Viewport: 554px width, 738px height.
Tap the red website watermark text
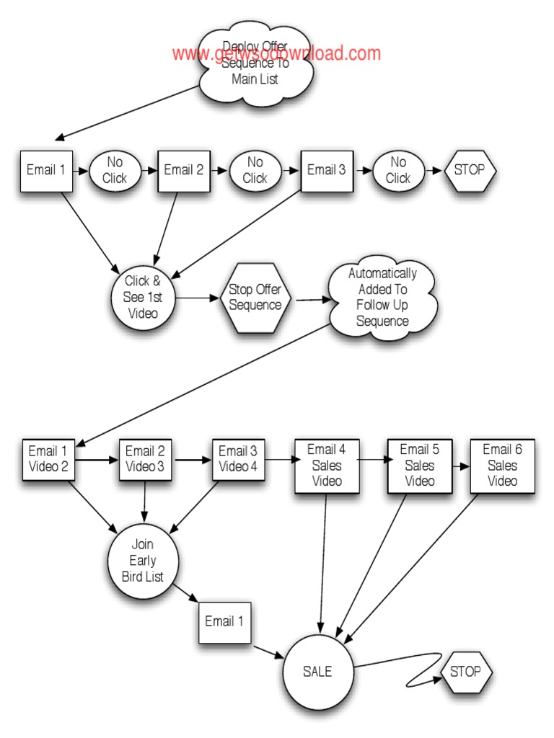pyautogui.click(x=276, y=53)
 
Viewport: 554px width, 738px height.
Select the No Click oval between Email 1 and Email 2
pyautogui.click(x=115, y=170)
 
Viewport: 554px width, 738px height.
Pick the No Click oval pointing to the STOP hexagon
pyautogui.click(x=397, y=170)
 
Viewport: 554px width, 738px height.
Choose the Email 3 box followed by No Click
pyautogui.click(x=327, y=171)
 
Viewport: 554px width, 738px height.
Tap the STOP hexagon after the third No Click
pyautogui.click(x=470, y=170)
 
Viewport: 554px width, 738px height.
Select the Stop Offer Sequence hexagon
pyautogui.click(x=255, y=297)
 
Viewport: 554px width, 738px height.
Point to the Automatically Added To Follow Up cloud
pyautogui.click(x=382, y=297)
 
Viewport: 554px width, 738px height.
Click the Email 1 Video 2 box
pyautogui.click(x=48, y=459)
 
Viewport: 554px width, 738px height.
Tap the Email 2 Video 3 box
pyautogui.click(x=145, y=459)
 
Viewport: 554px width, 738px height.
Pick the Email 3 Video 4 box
pyautogui.click(x=238, y=459)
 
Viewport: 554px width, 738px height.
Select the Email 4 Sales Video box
pyautogui.click(x=326, y=466)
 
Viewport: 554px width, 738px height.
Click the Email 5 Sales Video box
pyautogui.click(x=419, y=466)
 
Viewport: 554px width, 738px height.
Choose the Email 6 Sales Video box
pyautogui.click(x=502, y=466)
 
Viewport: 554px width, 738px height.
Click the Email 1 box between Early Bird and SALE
pyautogui.click(x=224, y=621)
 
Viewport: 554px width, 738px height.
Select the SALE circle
pyautogui.click(x=318, y=672)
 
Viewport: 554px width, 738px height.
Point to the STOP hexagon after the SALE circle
pyautogui.click(x=465, y=672)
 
